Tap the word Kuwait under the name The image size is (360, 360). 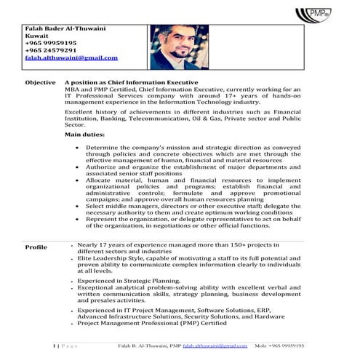click(36, 36)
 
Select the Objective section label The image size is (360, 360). click(40, 84)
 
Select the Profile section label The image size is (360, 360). click(36, 248)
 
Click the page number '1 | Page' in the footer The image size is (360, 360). click(68, 346)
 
